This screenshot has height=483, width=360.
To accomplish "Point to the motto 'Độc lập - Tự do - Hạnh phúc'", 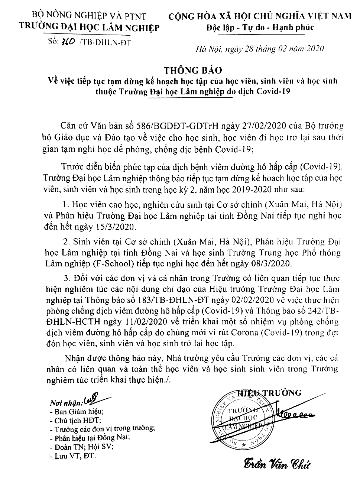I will point(260,27).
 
